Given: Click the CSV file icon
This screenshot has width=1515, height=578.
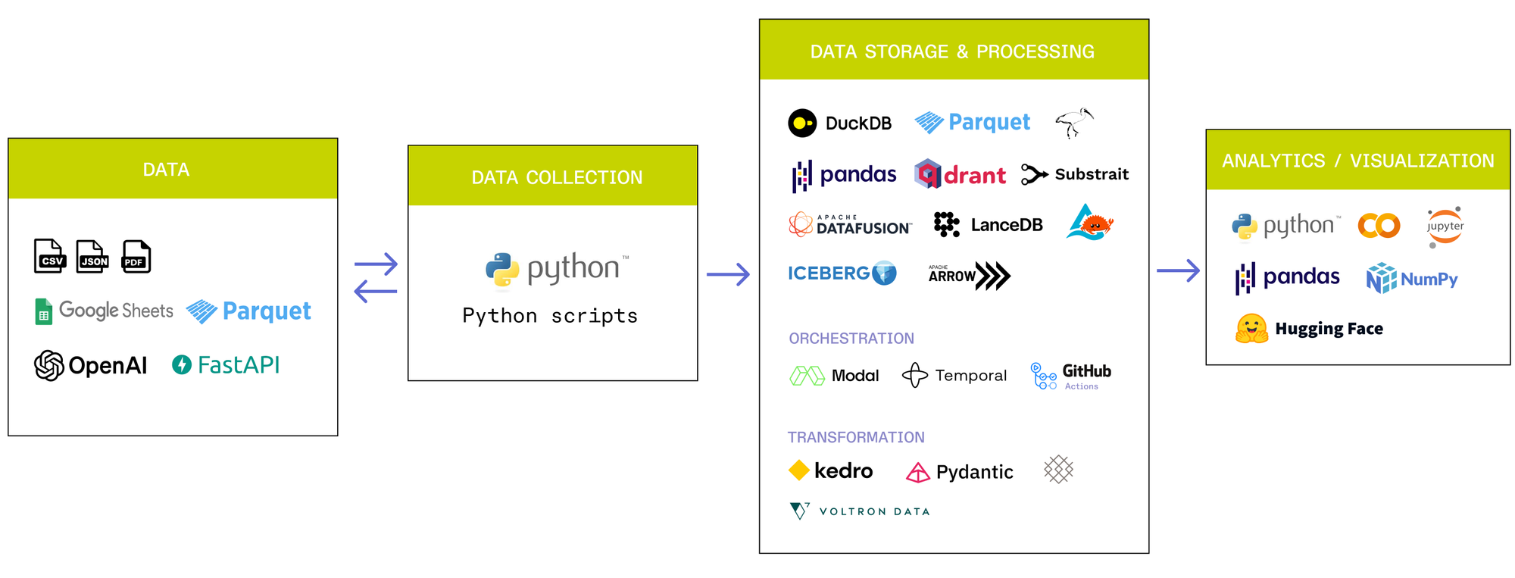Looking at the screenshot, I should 50,257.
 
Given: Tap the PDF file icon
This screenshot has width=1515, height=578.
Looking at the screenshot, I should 136,257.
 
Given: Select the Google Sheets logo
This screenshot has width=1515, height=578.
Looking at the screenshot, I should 105,311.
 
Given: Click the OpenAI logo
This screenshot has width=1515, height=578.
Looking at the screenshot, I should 91,366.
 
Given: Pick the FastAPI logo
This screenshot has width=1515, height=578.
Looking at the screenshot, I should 226,365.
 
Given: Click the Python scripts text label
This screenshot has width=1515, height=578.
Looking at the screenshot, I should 550,316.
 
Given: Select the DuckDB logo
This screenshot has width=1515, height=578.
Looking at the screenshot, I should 839,123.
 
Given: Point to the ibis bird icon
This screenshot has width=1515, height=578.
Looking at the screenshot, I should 1074,122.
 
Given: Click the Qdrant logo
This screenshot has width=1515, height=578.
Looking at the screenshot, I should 960,175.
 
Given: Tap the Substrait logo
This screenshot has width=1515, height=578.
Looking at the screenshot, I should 1074,174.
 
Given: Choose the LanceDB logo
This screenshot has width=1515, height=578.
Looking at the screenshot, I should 988,225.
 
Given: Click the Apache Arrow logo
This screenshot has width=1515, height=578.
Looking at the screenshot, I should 969,276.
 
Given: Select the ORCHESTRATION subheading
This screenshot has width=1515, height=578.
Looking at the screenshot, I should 851,339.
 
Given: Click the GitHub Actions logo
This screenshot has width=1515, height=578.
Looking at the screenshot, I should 1070,376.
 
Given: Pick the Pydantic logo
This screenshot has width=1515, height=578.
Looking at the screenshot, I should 959,472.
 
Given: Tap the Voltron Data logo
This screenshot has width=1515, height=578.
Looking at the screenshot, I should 859,511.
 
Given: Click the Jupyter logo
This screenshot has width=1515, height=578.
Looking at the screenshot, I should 1445,227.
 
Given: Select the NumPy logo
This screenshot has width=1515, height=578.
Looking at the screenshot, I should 1412,279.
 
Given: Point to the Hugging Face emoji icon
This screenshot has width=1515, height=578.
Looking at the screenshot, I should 1251,329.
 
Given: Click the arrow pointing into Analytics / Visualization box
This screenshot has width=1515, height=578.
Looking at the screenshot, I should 1178,270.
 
